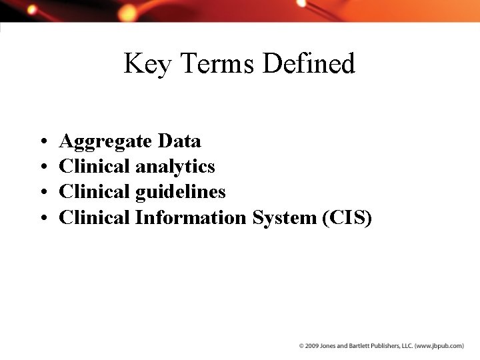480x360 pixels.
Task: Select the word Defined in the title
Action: click(x=309, y=64)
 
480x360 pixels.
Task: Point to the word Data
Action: click(x=179, y=141)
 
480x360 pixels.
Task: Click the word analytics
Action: click(x=175, y=167)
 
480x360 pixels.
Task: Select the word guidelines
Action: click(x=180, y=192)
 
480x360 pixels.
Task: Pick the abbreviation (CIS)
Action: click(x=347, y=218)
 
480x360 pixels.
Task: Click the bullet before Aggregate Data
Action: click(x=42, y=142)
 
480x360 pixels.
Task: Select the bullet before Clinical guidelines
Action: click(x=42, y=193)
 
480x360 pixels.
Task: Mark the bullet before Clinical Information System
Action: click(x=42, y=218)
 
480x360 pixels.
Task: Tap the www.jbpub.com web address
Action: click(x=438, y=346)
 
